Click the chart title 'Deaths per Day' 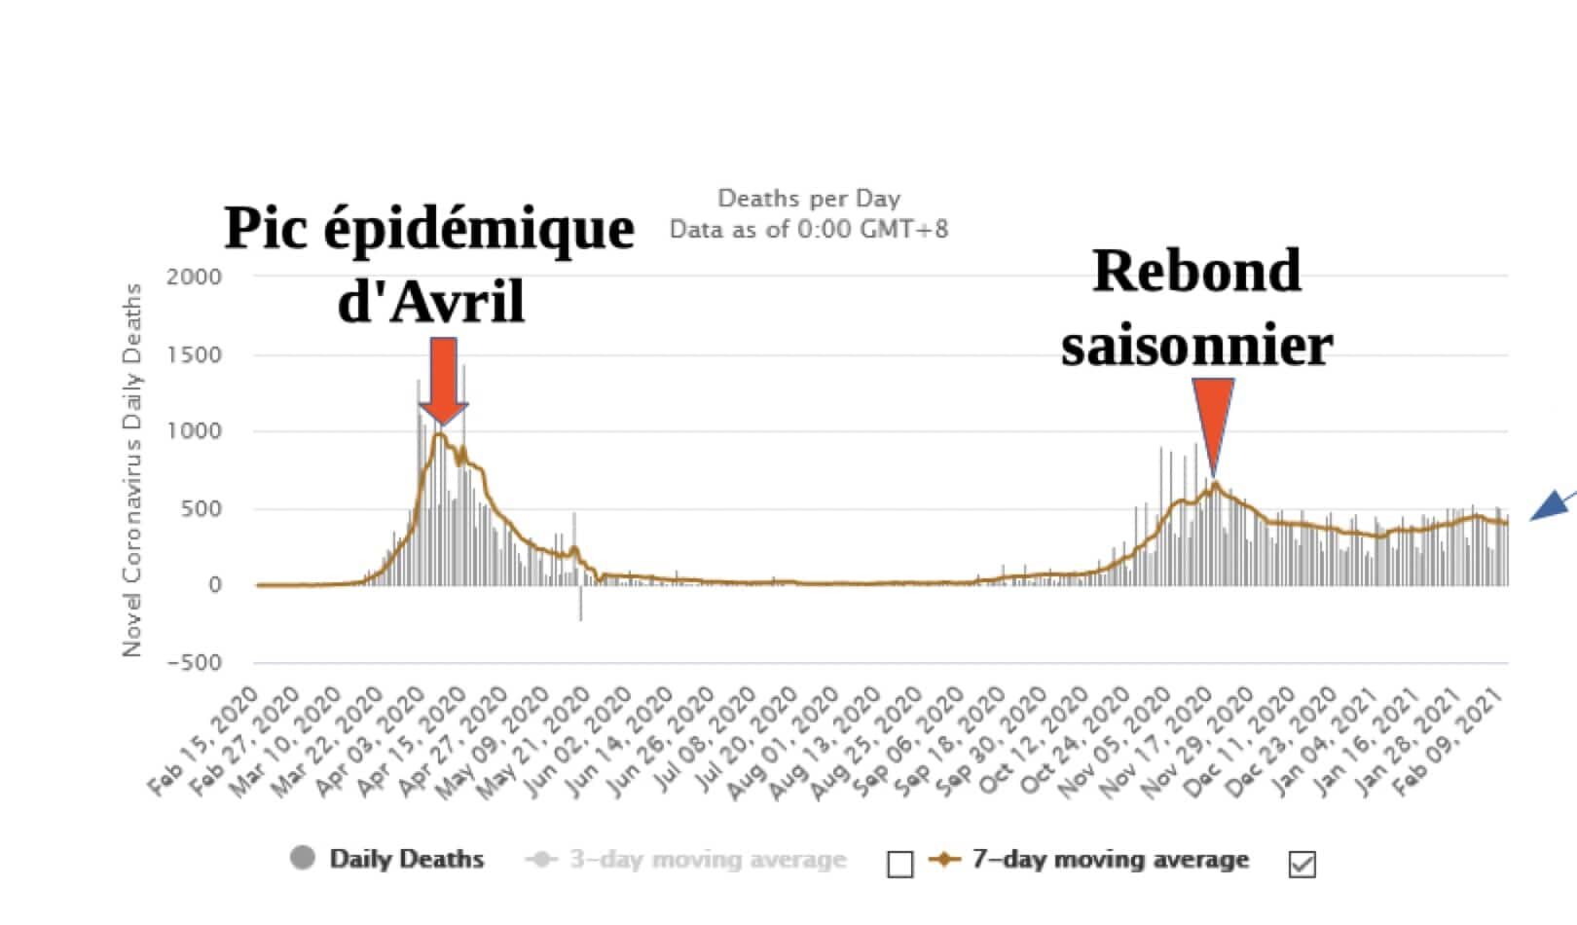click(x=808, y=199)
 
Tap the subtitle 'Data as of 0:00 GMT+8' click(x=808, y=230)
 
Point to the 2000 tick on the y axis click(x=195, y=277)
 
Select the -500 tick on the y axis click(x=195, y=662)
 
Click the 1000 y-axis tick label click(x=195, y=431)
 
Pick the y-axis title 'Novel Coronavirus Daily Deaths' click(x=131, y=470)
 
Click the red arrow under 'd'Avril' click(x=443, y=380)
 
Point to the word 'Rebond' click(x=1196, y=271)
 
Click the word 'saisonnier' click(x=1196, y=346)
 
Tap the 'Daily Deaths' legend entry click(x=406, y=859)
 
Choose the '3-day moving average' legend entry click(x=708, y=860)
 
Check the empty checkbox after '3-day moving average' click(x=900, y=864)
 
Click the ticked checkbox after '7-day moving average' click(x=1302, y=864)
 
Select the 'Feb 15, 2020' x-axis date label click(x=207, y=740)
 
